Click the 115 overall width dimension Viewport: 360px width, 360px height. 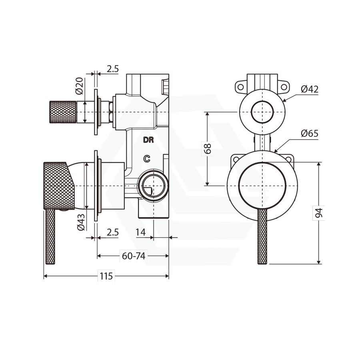pos(106,276)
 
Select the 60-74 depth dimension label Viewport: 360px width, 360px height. pos(134,256)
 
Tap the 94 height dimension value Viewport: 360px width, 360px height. pos(318,213)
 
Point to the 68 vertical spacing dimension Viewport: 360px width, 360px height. pos(208,149)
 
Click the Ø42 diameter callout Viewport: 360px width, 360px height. pos(310,89)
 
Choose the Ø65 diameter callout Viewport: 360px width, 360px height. pos(310,134)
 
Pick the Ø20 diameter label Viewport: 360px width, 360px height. pos(79,85)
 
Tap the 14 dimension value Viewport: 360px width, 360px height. pos(140,232)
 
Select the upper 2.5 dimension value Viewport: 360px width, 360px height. pos(113,69)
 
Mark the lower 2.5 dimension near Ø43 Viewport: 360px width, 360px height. pos(113,232)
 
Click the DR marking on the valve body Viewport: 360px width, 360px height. pos(148,140)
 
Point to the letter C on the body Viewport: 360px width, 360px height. pos(147,159)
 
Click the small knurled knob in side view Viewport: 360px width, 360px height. pos(62,112)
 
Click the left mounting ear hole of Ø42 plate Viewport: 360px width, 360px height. pos(241,86)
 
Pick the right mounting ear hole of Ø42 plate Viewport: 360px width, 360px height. pos(284,86)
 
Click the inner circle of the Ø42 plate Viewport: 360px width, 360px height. pos(262,112)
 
